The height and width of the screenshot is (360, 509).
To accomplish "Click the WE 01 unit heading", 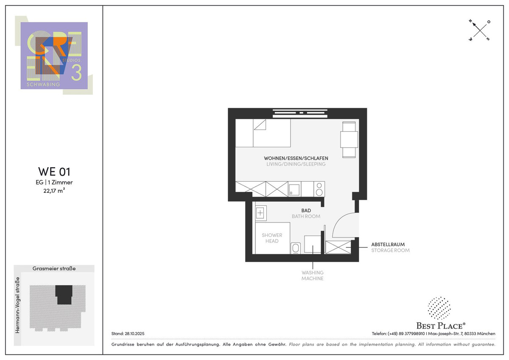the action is point(54,172).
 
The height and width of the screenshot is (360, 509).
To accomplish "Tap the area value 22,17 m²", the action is point(54,191).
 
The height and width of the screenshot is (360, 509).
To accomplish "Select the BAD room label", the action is point(306,211).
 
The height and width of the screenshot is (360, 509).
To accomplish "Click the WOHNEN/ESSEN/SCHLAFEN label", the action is point(296,158).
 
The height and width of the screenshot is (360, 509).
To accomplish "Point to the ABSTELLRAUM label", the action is point(388,245).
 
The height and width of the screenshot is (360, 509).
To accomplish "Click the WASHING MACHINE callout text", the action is point(313,276).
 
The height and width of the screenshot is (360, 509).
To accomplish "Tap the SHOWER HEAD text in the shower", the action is point(272,238).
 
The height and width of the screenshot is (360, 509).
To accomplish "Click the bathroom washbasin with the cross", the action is point(260,213).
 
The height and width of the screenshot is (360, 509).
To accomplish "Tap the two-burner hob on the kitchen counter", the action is point(319,189).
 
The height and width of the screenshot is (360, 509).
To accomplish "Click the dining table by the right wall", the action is point(349,139).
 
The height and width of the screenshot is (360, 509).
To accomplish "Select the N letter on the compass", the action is point(470,21).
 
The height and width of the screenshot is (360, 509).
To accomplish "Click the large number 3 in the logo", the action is point(76,73).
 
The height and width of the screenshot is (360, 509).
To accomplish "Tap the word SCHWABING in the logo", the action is point(43,84).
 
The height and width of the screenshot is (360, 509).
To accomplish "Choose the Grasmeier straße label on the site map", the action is point(54,268).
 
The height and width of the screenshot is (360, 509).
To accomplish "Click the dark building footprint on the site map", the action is point(64,294).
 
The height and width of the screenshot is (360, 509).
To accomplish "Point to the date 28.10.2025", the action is point(134,334).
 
